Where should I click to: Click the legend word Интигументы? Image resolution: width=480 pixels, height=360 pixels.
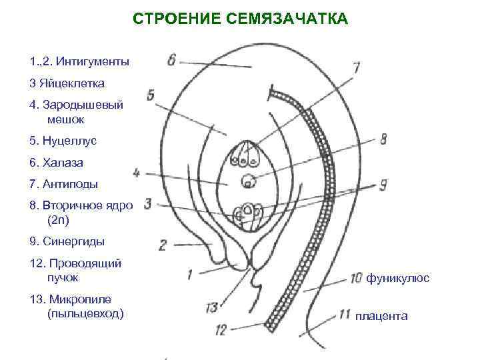93,62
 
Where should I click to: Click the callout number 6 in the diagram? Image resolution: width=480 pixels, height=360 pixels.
171,60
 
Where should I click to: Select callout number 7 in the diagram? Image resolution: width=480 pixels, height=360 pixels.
356,67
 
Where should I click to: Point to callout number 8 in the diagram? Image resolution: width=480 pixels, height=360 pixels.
383,140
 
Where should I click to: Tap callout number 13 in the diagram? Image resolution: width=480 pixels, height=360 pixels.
211,307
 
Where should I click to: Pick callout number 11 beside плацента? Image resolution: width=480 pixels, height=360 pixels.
345,313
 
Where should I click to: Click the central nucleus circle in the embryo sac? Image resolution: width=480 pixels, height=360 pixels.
249,180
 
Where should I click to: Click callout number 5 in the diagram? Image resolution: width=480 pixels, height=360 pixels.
150,95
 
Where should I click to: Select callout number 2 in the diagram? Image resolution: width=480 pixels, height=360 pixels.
162,245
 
